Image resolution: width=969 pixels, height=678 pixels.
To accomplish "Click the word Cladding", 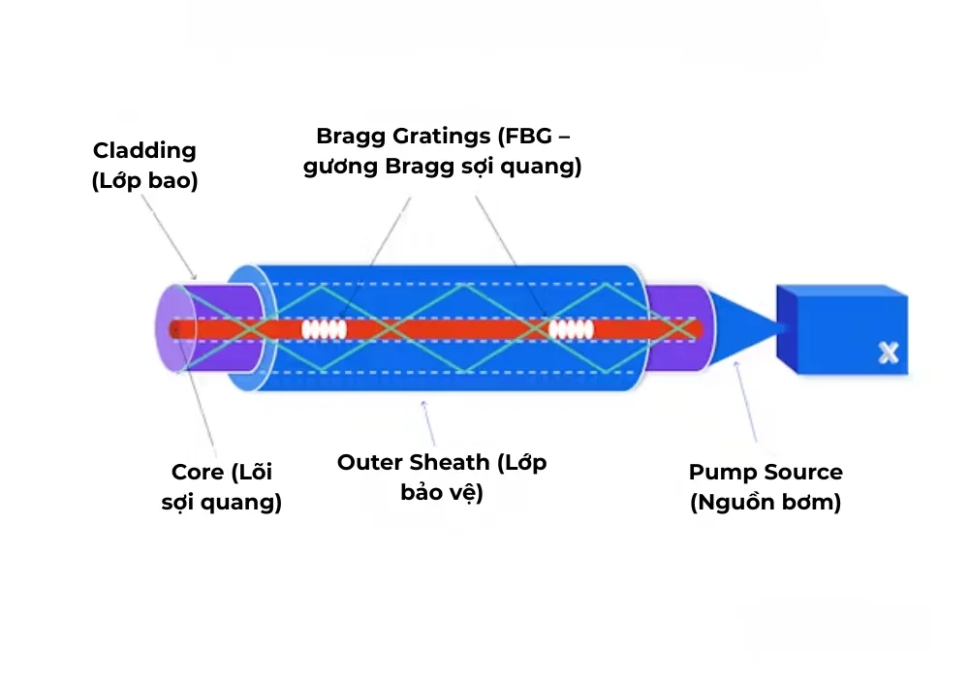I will pyautogui.click(x=144, y=150).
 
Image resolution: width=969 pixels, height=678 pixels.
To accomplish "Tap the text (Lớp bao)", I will pyautogui.click(x=144, y=181).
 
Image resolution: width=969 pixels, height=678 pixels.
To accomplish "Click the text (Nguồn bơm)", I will pyautogui.click(x=766, y=504).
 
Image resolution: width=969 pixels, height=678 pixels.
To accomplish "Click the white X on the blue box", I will pyautogui.click(x=888, y=354).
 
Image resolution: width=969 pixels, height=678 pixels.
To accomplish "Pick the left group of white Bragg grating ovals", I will pyautogui.click(x=324, y=329).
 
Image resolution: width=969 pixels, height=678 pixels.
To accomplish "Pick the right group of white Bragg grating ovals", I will pyautogui.click(x=571, y=329).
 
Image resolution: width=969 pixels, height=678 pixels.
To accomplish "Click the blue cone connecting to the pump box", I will pyautogui.click(x=746, y=327).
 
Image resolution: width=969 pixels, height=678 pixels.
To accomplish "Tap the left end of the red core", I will pyautogui.click(x=175, y=329).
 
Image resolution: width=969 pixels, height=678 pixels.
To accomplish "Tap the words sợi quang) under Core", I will pyautogui.click(x=221, y=504).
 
